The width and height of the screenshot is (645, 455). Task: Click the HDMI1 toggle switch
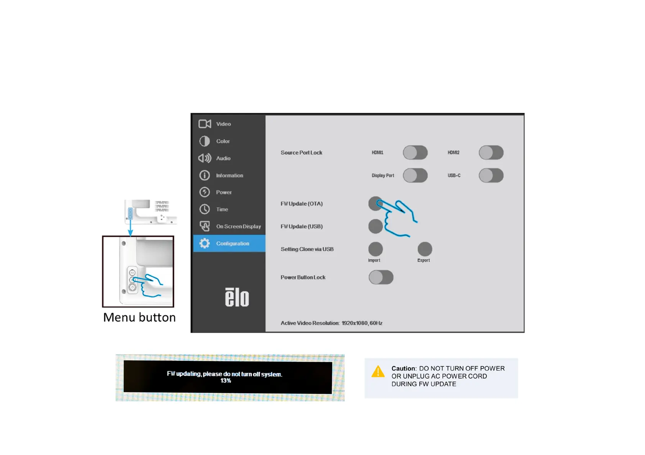pos(415,153)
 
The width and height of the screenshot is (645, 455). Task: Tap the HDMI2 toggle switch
pos(491,153)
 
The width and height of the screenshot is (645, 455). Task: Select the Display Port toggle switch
pos(415,175)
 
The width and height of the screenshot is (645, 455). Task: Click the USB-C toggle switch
pos(491,175)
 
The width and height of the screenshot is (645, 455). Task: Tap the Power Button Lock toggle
pos(381,277)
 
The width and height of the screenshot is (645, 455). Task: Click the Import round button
pos(375,249)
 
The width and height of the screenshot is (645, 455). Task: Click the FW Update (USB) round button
pos(375,226)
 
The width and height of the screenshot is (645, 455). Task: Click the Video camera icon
pos(205,124)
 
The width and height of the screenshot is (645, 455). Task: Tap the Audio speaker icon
pos(205,158)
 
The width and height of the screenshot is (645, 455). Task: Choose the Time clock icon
pos(205,209)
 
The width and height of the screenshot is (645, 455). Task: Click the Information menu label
pos(229,175)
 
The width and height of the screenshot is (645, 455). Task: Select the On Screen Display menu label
pos(238,226)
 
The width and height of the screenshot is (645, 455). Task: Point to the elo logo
pos(237,297)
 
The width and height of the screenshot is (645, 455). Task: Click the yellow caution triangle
pos(378,372)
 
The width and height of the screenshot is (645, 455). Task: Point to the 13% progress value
pos(226,381)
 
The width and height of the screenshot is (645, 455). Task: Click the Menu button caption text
pos(139,317)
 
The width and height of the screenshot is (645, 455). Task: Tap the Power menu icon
pos(205,192)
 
